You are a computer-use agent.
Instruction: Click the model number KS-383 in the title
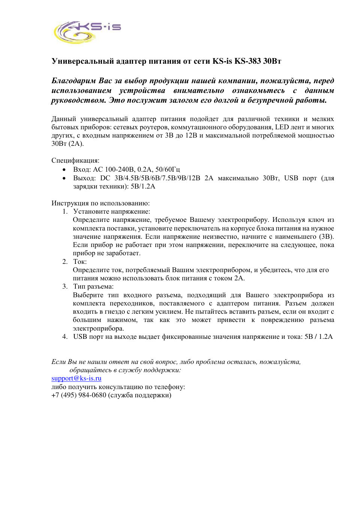247,61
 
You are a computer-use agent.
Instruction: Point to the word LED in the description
282,127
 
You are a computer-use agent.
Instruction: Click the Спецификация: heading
75,160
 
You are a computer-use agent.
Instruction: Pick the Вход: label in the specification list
82,169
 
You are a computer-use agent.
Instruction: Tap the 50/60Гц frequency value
167,169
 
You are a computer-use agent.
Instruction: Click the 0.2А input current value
145,169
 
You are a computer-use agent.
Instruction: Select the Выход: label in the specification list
84,178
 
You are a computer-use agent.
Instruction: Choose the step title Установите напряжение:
111,211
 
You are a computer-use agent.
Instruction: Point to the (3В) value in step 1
326,237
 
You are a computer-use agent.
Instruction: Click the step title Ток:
80,262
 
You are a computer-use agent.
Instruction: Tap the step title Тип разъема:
93,286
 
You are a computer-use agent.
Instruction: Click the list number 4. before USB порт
65,337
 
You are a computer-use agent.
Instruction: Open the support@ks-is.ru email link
76,378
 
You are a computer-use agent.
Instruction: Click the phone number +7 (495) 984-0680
79,395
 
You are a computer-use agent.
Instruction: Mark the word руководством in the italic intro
78,100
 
